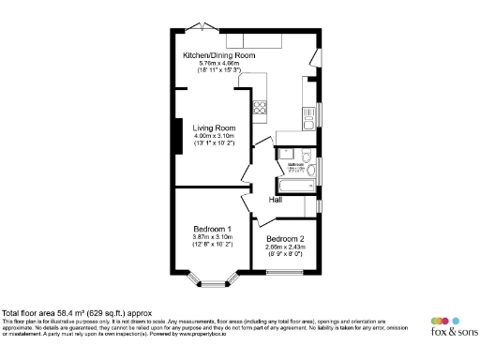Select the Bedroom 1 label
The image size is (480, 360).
[x=213, y=229]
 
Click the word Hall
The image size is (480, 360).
[x=277, y=200]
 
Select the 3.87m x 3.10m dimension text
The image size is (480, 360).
[x=212, y=237]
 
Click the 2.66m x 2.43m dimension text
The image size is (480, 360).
[x=285, y=247]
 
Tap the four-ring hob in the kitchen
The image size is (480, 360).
[x=259, y=106]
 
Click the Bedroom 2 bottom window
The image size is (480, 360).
[x=285, y=274]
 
